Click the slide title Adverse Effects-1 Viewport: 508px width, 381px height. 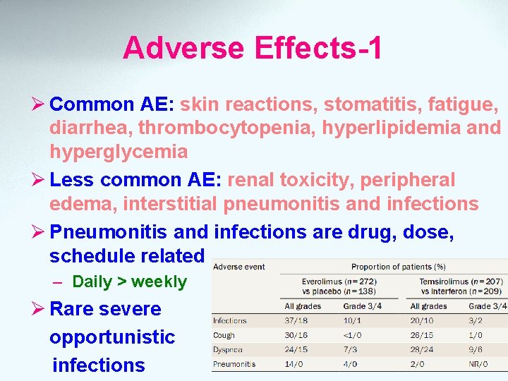(253, 48)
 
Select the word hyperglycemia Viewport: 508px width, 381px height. (119, 152)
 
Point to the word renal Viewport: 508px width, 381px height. (251, 180)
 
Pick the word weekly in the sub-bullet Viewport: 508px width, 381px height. (159, 282)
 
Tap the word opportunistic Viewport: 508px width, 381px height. (112, 337)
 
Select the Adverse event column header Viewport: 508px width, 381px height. (240, 267)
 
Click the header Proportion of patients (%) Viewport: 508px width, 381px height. (399, 267)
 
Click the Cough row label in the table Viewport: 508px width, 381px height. (224, 335)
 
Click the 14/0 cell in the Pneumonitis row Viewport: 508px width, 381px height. (295, 364)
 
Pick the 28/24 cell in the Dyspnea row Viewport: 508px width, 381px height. (423, 349)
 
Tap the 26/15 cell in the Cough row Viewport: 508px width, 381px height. (423, 335)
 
